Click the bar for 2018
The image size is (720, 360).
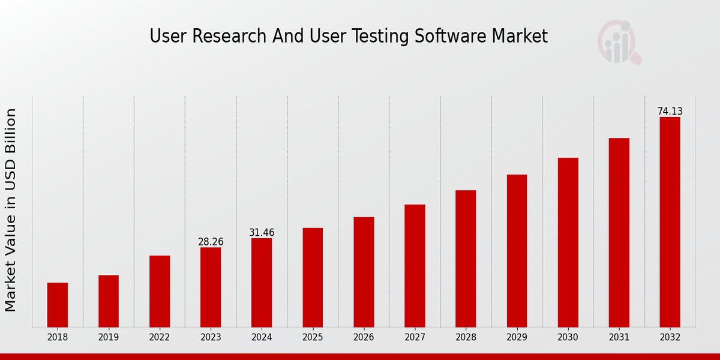coord(58,305)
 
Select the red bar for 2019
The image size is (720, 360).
coord(109,301)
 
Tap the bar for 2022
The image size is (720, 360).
coord(160,292)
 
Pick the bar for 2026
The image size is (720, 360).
coord(364,272)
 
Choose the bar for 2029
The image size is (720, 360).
coord(517,251)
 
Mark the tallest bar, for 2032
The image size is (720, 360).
coord(670,222)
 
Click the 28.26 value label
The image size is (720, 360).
coord(211,242)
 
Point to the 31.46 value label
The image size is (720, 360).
coord(262,233)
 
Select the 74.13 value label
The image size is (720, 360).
coord(670,112)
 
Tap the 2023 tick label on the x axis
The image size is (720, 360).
coord(211,337)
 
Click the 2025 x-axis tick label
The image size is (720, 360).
coord(313,337)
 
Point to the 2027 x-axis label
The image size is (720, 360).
coord(415,337)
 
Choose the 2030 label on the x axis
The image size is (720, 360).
coord(568,337)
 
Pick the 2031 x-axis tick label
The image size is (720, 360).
coord(619,337)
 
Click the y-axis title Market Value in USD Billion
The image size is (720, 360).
coord(11,210)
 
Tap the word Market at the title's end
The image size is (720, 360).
coord(520,37)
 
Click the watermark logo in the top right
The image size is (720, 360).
coord(619,42)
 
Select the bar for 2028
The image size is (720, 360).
coord(466,259)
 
